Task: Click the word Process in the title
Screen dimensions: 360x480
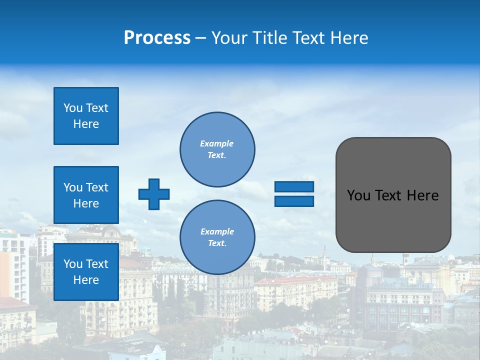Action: point(157,38)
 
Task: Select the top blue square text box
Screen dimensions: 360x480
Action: point(86,116)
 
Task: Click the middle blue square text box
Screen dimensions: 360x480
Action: point(86,195)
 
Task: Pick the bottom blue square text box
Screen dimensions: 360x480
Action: point(86,271)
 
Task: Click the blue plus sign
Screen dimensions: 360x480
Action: point(154,194)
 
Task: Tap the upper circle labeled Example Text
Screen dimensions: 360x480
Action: point(217,149)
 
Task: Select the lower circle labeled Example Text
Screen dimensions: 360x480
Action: point(217,237)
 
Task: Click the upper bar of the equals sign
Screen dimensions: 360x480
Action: point(294,186)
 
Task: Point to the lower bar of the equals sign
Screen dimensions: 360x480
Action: point(294,201)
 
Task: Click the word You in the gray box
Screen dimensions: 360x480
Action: point(358,195)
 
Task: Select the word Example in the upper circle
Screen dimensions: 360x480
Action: point(217,143)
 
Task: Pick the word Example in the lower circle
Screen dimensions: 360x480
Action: point(217,231)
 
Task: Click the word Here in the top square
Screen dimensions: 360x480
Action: point(86,124)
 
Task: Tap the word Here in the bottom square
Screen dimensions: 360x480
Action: point(86,280)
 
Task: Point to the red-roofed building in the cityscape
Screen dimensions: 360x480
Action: point(295,280)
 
